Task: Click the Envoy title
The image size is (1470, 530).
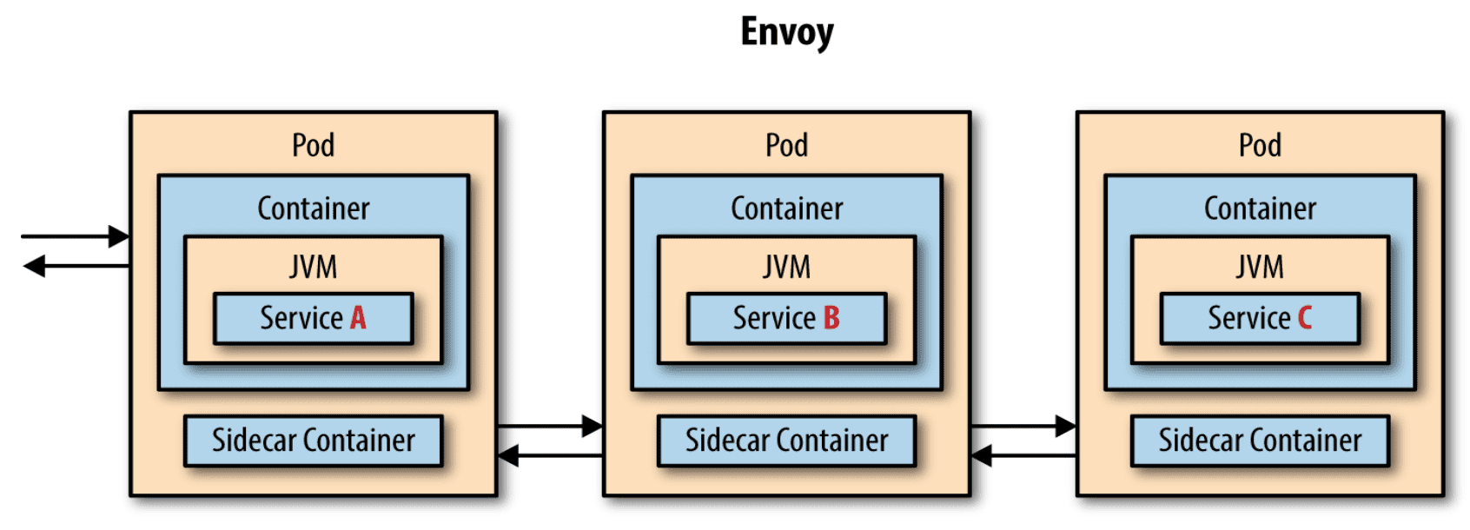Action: (x=787, y=31)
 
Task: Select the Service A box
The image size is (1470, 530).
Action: (x=314, y=319)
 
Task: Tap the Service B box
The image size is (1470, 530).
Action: (x=787, y=319)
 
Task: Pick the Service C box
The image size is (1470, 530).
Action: (x=1260, y=319)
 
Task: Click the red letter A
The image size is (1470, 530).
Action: (x=358, y=318)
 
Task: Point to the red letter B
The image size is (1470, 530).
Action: (x=831, y=318)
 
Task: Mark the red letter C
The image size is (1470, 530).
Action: (x=1305, y=318)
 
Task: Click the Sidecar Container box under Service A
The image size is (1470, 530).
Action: (x=314, y=441)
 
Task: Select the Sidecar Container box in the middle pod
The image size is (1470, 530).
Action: (x=787, y=441)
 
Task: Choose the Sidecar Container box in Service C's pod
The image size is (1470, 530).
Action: (x=1260, y=441)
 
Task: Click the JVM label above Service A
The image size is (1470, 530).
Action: (x=314, y=267)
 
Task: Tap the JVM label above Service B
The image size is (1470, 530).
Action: (x=787, y=267)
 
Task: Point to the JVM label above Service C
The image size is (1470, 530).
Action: (x=1260, y=267)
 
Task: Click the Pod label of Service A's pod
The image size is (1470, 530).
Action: (x=314, y=145)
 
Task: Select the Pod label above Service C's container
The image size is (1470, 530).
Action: (x=1260, y=145)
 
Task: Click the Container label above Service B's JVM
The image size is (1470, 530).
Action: (x=787, y=209)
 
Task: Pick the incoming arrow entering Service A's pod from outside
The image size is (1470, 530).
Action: (x=76, y=236)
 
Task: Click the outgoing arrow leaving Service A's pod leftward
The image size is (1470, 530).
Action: (x=76, y=266)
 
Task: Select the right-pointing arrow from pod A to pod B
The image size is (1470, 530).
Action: (x=550, y=427)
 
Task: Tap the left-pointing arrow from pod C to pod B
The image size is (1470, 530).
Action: (x=1023, y=455)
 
